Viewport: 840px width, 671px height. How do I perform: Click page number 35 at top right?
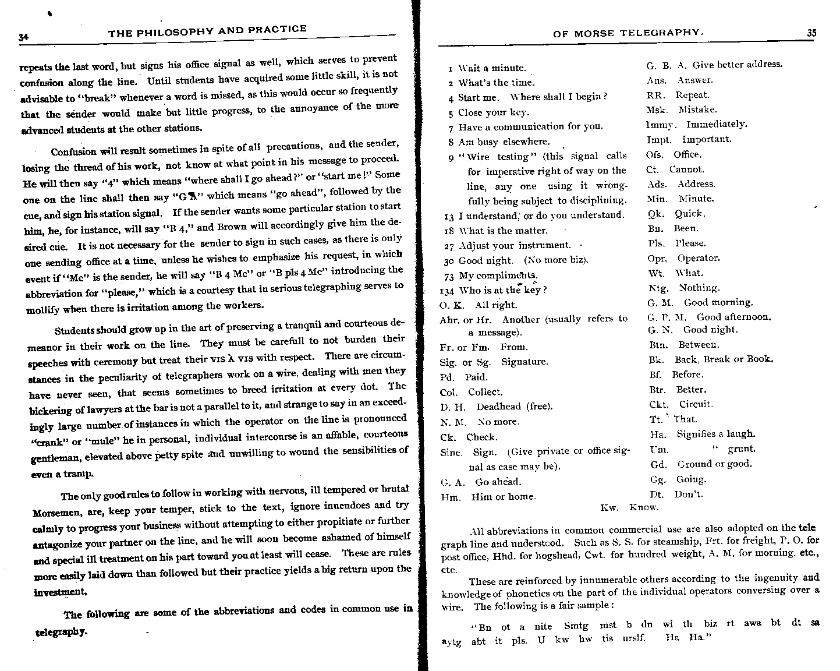811,33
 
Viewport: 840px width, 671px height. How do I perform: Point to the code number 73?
449,276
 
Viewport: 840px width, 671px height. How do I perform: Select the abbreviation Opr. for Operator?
657,258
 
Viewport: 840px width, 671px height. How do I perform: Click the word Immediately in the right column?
716,124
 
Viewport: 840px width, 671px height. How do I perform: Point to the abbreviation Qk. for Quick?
655,214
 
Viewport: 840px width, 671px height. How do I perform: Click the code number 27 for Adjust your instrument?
449,246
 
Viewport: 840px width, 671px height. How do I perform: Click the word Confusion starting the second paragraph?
73,151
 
